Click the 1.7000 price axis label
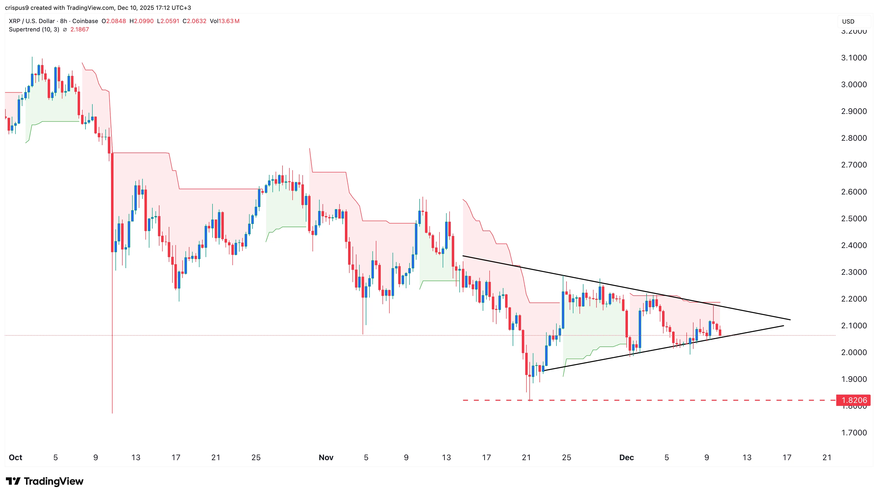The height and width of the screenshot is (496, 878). (x=854, y=433)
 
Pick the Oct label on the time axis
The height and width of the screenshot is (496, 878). (x=15, y=457)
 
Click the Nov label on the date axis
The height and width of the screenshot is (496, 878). (x=326, y=457)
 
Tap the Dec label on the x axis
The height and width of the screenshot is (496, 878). (x=626, y=457)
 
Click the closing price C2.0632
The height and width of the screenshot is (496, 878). (x=194, y=21)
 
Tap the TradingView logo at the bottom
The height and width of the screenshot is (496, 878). (x=45, y=481)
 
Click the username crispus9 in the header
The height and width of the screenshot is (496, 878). (x=16, y=8)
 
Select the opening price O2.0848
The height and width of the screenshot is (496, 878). (x=113, y=21)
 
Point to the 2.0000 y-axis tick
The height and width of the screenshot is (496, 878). (x=854, y=353)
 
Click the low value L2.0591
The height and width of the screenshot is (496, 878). (x=168, y=21)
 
